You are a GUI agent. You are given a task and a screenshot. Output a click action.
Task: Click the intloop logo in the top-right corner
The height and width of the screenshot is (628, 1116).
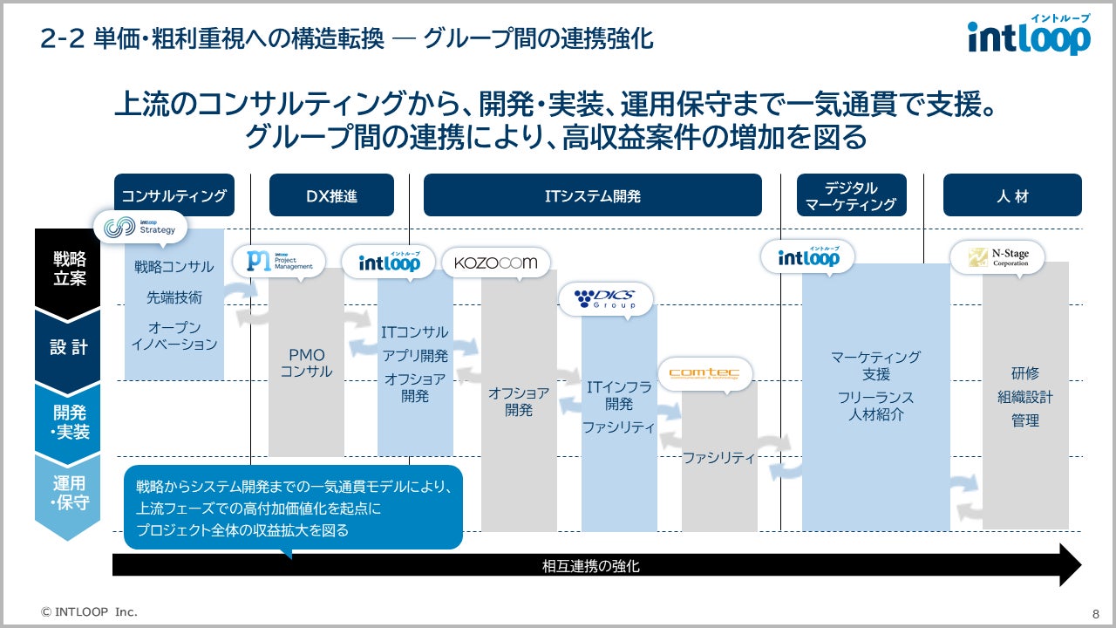click(1029, 37)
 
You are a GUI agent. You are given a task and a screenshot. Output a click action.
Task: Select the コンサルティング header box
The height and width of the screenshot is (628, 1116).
click(174, 195)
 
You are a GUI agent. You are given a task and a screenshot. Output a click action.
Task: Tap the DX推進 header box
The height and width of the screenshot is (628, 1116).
click(331, 195)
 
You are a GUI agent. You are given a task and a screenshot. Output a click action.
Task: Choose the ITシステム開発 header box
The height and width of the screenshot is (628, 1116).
click(592, 195)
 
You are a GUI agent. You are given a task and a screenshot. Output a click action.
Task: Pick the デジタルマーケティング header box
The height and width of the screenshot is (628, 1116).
click(851, 195)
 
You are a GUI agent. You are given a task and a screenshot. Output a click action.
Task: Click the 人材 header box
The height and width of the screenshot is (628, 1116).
click(1012, 195)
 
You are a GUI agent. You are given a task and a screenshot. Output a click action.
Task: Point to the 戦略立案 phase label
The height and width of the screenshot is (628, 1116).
click(69, 268)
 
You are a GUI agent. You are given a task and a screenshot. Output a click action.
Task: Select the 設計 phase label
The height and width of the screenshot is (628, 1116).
click(69, 346)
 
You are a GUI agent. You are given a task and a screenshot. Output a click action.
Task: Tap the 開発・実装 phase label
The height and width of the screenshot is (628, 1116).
click(69, 421)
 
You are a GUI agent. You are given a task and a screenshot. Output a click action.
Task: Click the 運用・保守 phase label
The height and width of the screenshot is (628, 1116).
click(69, 493)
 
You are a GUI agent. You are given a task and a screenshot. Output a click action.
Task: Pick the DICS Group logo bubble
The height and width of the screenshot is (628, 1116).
click(605, 299)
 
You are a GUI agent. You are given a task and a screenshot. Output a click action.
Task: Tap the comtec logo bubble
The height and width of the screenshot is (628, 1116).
click(704, 373)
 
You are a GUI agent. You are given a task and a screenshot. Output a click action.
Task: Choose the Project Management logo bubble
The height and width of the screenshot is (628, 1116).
click(278, 261)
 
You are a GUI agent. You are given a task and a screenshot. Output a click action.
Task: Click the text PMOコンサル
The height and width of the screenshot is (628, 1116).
click(306, 363)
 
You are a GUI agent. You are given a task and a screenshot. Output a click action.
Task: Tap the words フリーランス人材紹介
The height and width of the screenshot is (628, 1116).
click(876, 406)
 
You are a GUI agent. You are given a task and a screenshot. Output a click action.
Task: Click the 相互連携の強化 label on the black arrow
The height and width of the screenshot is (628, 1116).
click(591, 566)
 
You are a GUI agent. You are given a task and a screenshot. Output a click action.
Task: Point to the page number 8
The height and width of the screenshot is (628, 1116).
click(1095, 612)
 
